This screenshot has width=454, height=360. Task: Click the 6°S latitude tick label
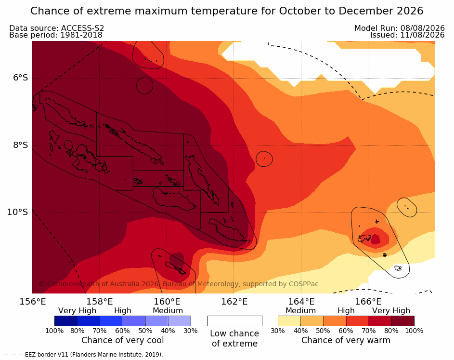pos(20,78)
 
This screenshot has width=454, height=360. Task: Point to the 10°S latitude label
pos(18,212)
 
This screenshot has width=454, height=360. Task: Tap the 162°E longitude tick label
pos(234,302)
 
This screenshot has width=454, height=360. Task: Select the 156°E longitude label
pos(32,302)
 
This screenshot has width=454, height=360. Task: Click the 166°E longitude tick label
pos(368,302)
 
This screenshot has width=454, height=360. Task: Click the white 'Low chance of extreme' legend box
pos(235,321)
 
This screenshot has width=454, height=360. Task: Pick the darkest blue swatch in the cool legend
pos(66,321)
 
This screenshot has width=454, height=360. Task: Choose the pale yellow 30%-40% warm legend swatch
pos(289,321)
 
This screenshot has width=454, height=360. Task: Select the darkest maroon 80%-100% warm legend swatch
pos(403,321)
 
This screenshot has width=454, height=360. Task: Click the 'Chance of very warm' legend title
pos(346,340)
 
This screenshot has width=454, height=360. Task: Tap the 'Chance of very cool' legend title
pos(122,340)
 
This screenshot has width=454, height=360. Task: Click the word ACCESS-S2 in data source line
pos(82,28)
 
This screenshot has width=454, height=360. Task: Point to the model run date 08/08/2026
pos(422,28)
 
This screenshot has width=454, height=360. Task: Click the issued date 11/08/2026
pos(422,35)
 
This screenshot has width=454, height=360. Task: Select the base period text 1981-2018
pos(81,35)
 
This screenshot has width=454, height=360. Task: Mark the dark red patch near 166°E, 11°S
pos(376,240)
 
